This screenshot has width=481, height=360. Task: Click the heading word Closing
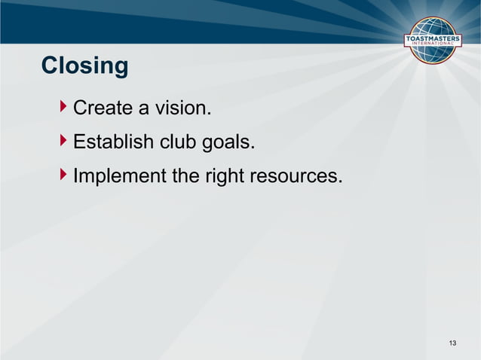pyautogui.click(x=84, y=66)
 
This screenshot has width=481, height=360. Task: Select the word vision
pyautogui.click(x=182, y=109)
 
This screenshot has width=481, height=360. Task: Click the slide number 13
pyautogui.click(x=452, y=344)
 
